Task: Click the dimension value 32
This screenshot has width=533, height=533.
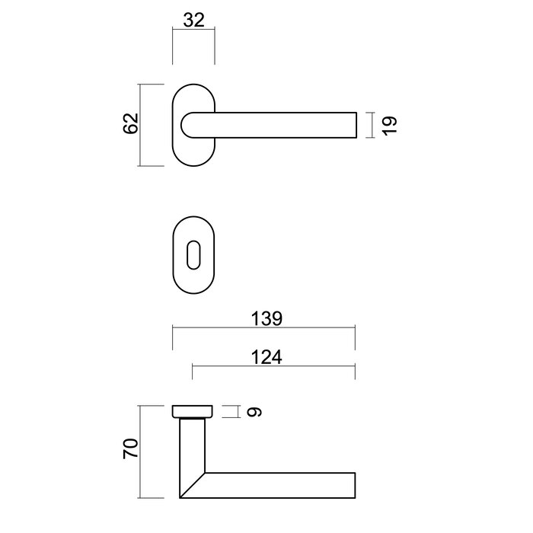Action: [x=194, y=21]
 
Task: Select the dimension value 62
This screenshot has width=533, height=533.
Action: [x=130, y=123]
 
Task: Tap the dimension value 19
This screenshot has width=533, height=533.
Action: [x=390, y=126]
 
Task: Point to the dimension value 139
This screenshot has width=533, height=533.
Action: [x=266, y=319]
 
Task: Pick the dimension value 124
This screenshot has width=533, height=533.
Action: [x=266, y=356]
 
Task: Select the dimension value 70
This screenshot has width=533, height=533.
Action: [x=130, y=448]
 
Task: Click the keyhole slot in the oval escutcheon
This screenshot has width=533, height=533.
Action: [x=194, y=254]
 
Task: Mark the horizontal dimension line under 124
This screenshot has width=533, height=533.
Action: [x=273, y=367]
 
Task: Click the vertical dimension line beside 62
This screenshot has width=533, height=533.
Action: [x=142, y=124]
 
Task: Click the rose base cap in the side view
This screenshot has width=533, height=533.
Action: [x=194, y=412]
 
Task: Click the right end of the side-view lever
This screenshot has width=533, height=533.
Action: [x=353, y=486]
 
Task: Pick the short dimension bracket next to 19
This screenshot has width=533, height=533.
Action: [x=369, y=126]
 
